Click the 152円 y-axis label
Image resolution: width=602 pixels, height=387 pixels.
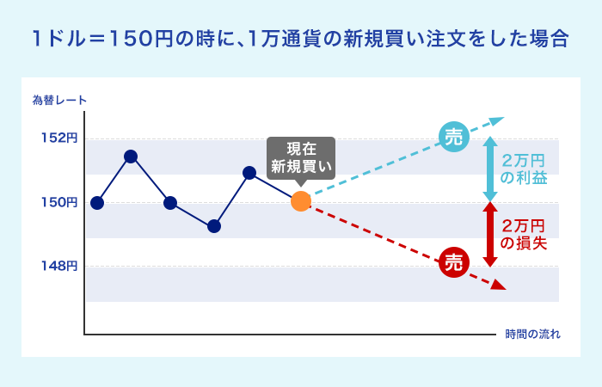click(x=59, y=138)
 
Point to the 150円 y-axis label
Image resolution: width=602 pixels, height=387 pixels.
click(x=59, y=202)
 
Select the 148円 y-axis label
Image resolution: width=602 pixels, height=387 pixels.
click(x=59, y=266)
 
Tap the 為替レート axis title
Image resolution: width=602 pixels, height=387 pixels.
click(x=59, y=101)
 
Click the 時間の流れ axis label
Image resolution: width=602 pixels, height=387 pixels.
click(x=532, y=334)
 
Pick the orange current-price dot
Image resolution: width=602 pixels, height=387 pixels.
click(x=301, y=201)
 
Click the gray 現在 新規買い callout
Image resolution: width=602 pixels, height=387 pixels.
click(x=301, y=158)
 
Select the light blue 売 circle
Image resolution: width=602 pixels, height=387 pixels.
click(x=454, y=137)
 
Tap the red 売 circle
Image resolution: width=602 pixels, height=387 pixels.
click(x=454, y=262)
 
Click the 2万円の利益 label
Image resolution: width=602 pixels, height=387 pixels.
click(x=524, y=169)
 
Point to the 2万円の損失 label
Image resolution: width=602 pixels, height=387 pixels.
click(x=524, y=234)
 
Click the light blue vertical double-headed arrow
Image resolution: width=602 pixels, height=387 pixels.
click(x=490, y=169)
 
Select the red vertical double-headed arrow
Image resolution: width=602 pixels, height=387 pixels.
click(x=490, y=234)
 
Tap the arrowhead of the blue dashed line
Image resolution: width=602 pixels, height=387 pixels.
click(x=497, y=120)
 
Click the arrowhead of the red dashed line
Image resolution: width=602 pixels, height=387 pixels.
click(x=499, y=286)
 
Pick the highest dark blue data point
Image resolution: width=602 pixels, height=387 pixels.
click(x=131, y=157)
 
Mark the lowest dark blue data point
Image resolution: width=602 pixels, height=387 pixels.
click(x=214, y=226)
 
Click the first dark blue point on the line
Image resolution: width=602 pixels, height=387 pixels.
click(x=97, y=203)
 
